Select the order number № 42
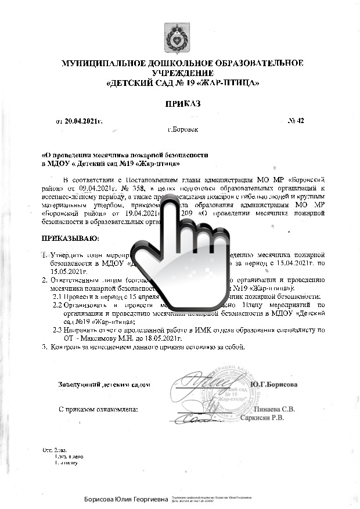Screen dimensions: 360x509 tap(296, 121)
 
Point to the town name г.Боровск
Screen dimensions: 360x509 tap(183, 129)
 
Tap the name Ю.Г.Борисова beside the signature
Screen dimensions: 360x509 tap(274, 384)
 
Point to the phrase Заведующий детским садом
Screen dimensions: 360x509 tap(105, 384)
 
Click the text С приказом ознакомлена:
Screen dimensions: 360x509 tap(99, 409)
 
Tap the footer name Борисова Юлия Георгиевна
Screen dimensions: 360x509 tap(125, 499)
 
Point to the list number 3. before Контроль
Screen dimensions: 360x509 tap(44, 346)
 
